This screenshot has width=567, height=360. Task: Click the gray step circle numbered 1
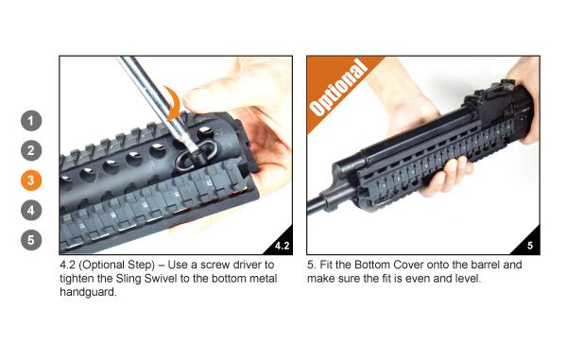31,121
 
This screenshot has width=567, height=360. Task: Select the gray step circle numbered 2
31,150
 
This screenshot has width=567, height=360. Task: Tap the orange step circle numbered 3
31,180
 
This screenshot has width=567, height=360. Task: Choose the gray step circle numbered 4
31,211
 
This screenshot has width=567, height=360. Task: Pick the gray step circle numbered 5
31,240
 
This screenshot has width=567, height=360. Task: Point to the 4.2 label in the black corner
282,246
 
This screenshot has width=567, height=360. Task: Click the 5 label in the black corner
530,246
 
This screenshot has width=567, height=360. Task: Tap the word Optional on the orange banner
337,89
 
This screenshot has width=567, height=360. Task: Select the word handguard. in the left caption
88,292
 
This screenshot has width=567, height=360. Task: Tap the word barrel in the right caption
486,265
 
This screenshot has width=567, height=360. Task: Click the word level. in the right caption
468,279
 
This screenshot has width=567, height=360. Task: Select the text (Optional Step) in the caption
117,265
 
